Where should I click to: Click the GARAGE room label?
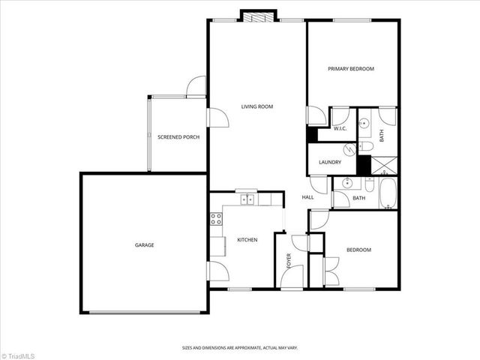[x=145, y=245]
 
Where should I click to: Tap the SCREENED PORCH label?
[x=178, y=137]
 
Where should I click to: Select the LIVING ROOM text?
[x=256, y=106]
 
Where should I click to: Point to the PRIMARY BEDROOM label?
[x=351, y=69]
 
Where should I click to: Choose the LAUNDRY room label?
[x=330, y=163]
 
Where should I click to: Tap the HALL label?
[x=307, y=197]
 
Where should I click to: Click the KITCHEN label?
[x=247, y=240]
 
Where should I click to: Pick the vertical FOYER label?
[x=289, y=260]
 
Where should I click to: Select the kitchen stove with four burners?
[x=215, y=219]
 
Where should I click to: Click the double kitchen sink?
[x=246, y=199]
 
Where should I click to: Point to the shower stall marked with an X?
[x=385, y=164]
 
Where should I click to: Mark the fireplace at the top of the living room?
[x=259, y=16]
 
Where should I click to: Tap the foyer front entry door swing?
[x=290, y=278]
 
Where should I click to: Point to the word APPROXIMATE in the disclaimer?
[x=244, y=347]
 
